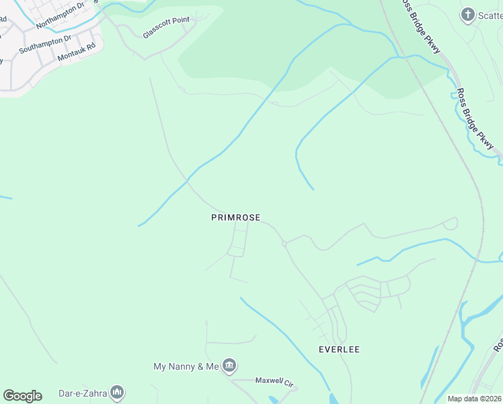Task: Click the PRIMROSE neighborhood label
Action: [235, 217]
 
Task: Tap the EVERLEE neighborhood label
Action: [339, 349]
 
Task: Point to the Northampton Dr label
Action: [61, 16]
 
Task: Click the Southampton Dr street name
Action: [44, 45]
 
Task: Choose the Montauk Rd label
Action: [77, 53]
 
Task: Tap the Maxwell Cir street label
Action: [274, 381]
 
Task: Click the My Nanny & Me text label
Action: [186, 366]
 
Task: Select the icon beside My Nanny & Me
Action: [229, 366]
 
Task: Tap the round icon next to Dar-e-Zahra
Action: [117, 392]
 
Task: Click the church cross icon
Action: [468, 15]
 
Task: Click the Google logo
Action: [22, 396]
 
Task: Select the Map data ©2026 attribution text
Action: [475, 399]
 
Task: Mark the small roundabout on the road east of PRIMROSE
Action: [284, 243]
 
